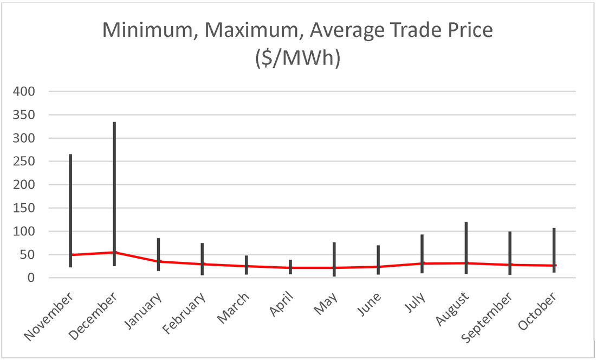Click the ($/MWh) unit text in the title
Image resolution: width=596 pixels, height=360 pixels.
point(297,57)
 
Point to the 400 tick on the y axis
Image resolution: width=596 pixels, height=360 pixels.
point(24,92)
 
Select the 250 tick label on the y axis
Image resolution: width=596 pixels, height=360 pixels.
point(24,162)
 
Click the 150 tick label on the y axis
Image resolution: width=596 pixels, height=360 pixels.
point(24,208)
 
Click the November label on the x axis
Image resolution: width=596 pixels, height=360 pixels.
point(49,316)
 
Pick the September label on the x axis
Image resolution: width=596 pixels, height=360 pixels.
point(487,318)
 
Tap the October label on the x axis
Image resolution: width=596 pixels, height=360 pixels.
point(537,311)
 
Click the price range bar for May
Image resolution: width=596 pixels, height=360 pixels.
point(334,255)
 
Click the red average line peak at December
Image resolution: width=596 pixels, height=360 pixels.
point(114,252)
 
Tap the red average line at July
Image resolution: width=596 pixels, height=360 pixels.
point(422,263)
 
